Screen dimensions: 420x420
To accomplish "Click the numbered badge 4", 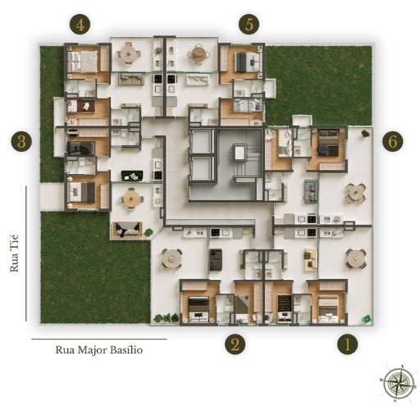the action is pos(80,25).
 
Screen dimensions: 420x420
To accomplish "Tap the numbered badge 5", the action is pos(249,24).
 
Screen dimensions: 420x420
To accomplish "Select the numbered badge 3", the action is pos(21,142).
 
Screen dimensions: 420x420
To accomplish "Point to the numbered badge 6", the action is pos(393,141).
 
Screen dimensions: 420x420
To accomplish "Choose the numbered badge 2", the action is pos(235,344).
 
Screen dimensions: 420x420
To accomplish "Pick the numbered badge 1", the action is pos(347,344).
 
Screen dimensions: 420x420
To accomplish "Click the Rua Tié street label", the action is pos(14,253).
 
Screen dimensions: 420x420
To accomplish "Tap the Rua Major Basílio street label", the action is pos(99,349).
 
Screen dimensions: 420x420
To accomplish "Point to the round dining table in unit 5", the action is pos(198,54).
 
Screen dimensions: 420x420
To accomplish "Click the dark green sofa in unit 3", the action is pos(132,176).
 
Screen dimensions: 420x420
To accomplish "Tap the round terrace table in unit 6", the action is pos(355,193).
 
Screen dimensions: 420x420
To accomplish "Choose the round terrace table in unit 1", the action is pos(355,258).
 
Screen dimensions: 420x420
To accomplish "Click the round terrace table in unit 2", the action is pos(171,258).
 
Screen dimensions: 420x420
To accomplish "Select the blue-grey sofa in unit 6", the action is pos(311,191).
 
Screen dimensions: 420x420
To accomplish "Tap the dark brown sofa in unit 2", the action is pos(216,260).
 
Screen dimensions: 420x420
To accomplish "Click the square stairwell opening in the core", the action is pos(240,152).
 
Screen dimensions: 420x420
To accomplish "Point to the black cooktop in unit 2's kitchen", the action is pos(215,233).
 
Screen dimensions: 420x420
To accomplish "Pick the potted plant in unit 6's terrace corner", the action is pos(366,134).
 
